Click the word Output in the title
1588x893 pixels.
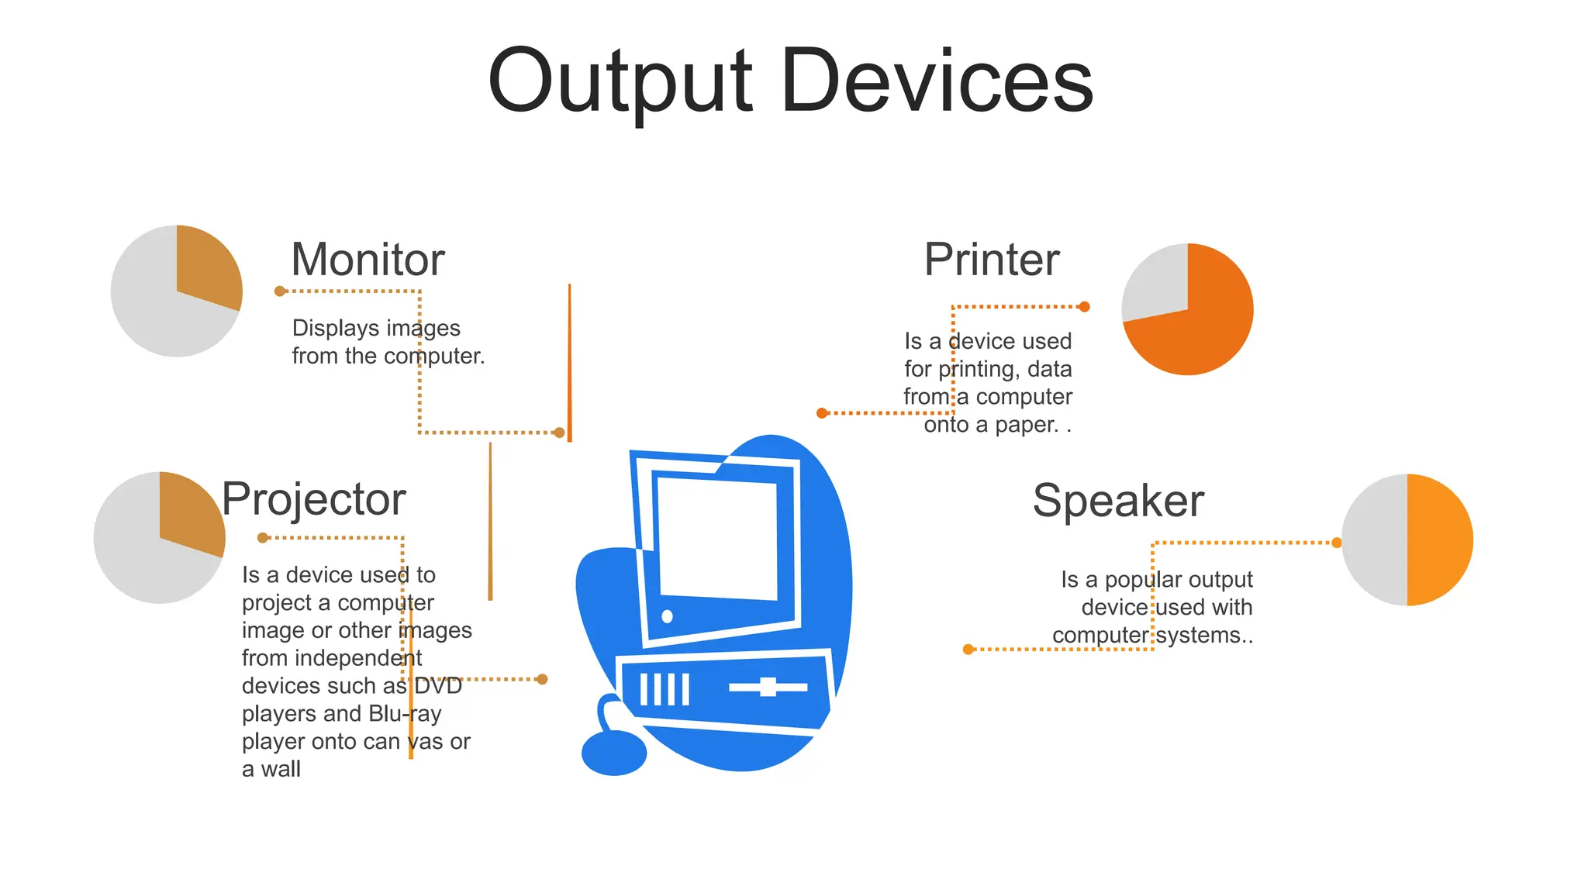[x=620, y=81]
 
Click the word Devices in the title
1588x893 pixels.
[x=937, y=81]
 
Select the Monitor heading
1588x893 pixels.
[x=368, y=259]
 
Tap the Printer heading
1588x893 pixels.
[x=991, y=259]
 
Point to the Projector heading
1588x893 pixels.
[x=313, y=498]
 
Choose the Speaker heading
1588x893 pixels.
[x=1118, y=500]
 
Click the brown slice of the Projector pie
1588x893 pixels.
[x=188, y=512]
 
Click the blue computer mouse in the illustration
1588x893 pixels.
[x=613, y=752]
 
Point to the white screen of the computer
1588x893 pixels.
[x=717, y=539]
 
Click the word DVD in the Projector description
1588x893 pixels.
[x=438, y=686]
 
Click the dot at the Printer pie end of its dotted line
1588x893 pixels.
[x=1085, y=307]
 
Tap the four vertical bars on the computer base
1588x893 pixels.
[x=665, y=689]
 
